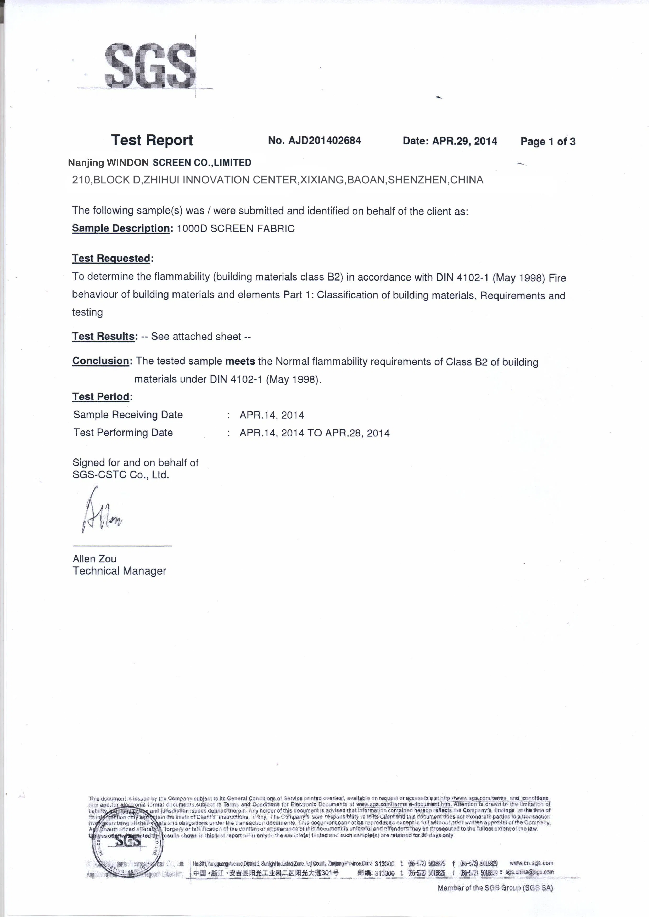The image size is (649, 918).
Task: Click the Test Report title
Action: pyautogui.click(x=152, y=140)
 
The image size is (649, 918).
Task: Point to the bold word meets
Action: pyautogui.click(x=240, y=361)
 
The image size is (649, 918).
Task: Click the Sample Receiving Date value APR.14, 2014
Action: pyautogui.click(x=272, y=415)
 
